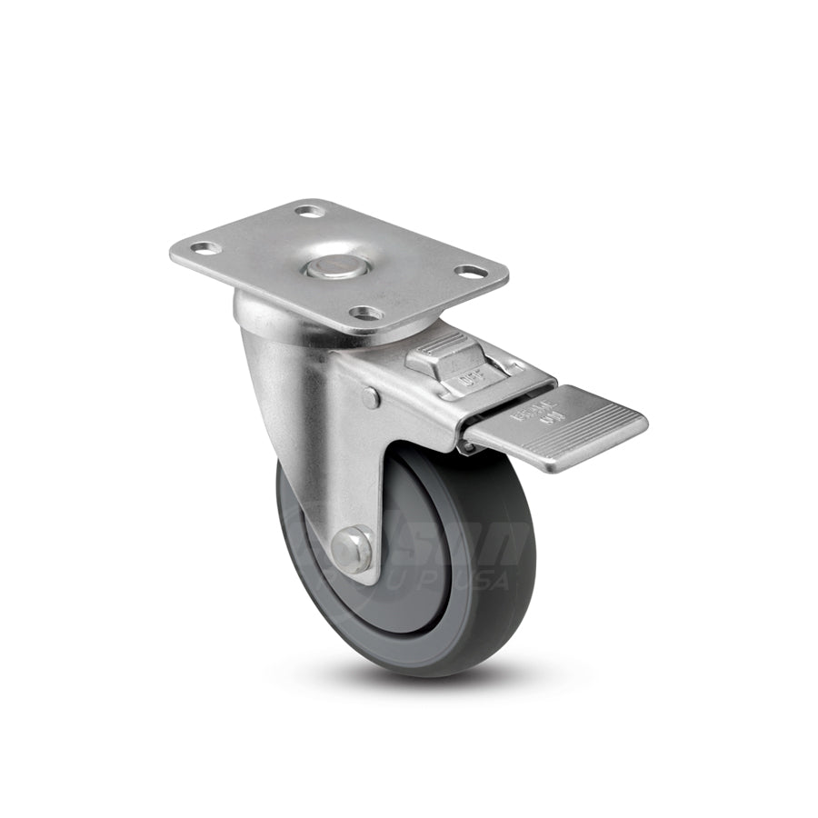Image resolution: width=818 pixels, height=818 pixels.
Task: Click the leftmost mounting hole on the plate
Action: (205, 247)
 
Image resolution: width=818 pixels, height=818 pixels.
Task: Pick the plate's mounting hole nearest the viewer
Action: (367, 314)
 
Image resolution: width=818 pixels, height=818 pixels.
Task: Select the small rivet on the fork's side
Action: (370, 397)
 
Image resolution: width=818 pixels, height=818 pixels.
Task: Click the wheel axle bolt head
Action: (351, 548)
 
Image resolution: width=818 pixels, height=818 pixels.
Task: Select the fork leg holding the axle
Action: (359, 473)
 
